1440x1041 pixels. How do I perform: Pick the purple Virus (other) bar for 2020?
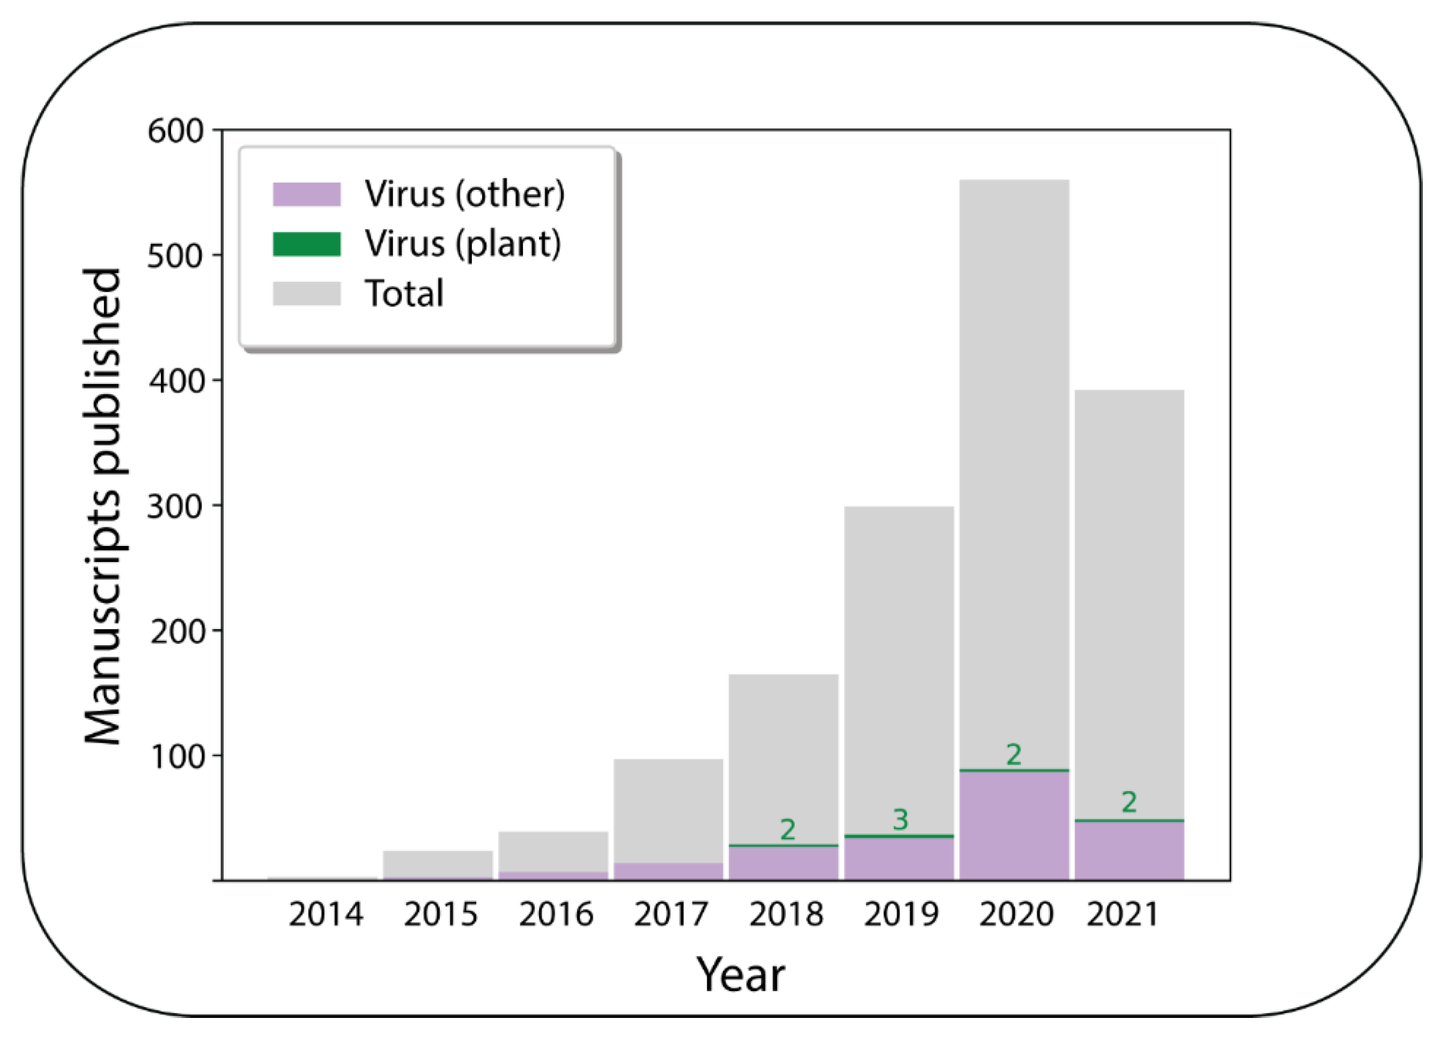[x=1014, y=825]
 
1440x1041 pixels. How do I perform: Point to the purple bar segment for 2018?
[x=784, y=863]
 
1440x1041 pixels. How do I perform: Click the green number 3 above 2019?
[x=900, y=820]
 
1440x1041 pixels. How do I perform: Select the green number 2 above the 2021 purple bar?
[x=1129, y=803]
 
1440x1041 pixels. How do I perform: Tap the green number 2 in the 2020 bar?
[x=1014, y=755]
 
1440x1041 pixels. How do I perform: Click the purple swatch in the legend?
[x=307, y=194]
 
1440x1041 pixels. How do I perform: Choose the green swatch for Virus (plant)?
[x=307, y=243]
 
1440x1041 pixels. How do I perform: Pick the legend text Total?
[x=404, y=294]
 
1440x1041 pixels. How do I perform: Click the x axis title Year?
[x=741, y=975]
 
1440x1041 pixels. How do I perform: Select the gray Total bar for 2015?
[x=438, y=864]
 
